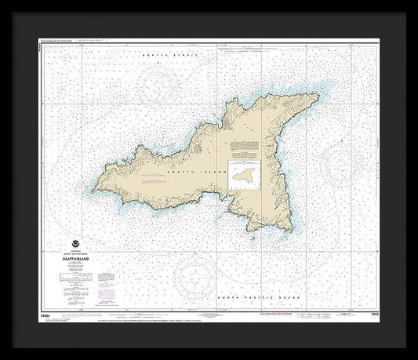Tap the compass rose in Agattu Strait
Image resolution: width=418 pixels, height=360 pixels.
(x=161, y=84)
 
